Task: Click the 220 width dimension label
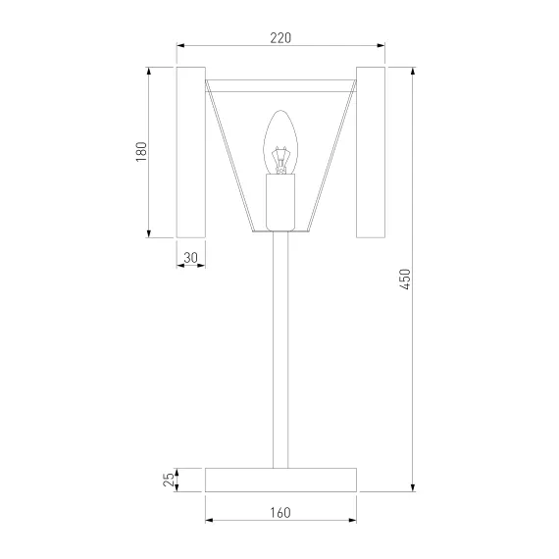point(280,38)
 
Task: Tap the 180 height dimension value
point(141,152)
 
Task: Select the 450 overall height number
point(405,279)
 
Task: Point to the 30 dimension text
point(190,257)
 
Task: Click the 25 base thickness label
point(169,480)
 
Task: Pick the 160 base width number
point(280,513)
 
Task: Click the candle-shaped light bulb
point(280,142)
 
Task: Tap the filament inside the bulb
point(280,160)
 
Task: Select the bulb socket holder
point(280,202)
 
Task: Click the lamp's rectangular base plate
point(280,480)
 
